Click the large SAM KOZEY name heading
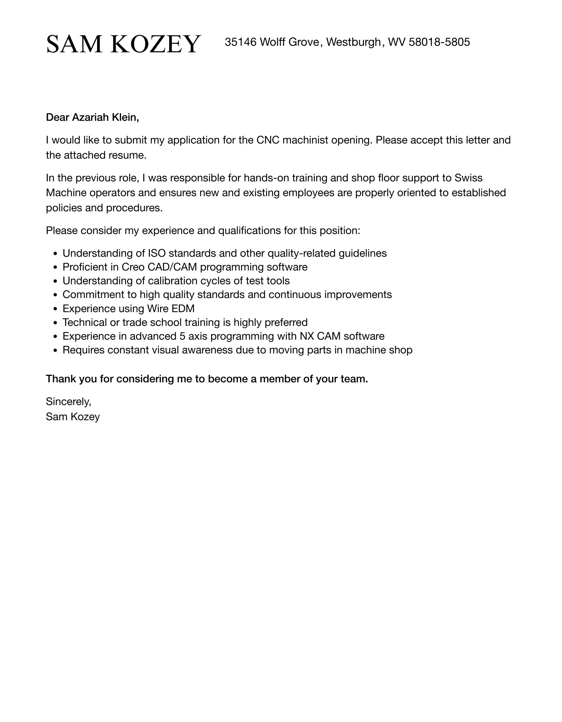click(123, 44)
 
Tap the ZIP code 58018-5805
click(439, 42)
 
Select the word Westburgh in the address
click(353, 42)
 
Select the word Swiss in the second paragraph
click(468, 178)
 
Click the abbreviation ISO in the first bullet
click(157, 253)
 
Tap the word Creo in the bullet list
click(133, 267)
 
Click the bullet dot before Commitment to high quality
click(55, 295)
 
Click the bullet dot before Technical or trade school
click(55, 323)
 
